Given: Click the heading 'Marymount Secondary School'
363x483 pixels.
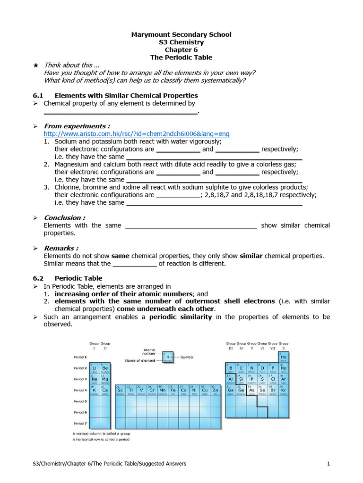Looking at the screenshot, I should click(x=181, y=34).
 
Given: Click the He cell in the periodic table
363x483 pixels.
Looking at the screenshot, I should click(x=283, y=357).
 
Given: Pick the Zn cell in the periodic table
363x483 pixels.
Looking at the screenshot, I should click(x=215, y=391).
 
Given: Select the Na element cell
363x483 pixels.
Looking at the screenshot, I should click(x=95, y=380).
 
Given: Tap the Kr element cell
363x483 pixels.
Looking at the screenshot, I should click(x=283, y=391).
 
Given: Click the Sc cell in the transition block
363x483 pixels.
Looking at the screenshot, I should click(x=121, y=391).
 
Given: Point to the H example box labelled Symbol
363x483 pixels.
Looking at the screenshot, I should click(x=167, y=358).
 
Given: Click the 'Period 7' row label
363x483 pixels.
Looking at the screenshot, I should click(x=79, y=424).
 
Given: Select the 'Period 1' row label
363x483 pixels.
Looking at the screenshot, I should click(x=79, y=358).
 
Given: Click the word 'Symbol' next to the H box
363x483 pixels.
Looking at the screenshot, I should click(x=187, y=358).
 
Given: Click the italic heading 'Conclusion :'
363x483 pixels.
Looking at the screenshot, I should click(x=65, y=217).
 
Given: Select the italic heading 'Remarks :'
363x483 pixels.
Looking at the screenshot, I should click(x=61, y=248).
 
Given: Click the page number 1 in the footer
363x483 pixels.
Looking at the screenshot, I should click(x=328, y=464).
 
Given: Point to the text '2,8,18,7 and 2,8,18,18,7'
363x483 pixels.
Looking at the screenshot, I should click(x=242, y=195).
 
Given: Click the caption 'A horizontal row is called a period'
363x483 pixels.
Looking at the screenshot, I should click(x=101, y=440).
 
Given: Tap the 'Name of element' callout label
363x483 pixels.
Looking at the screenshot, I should click(x=140, y=361).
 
